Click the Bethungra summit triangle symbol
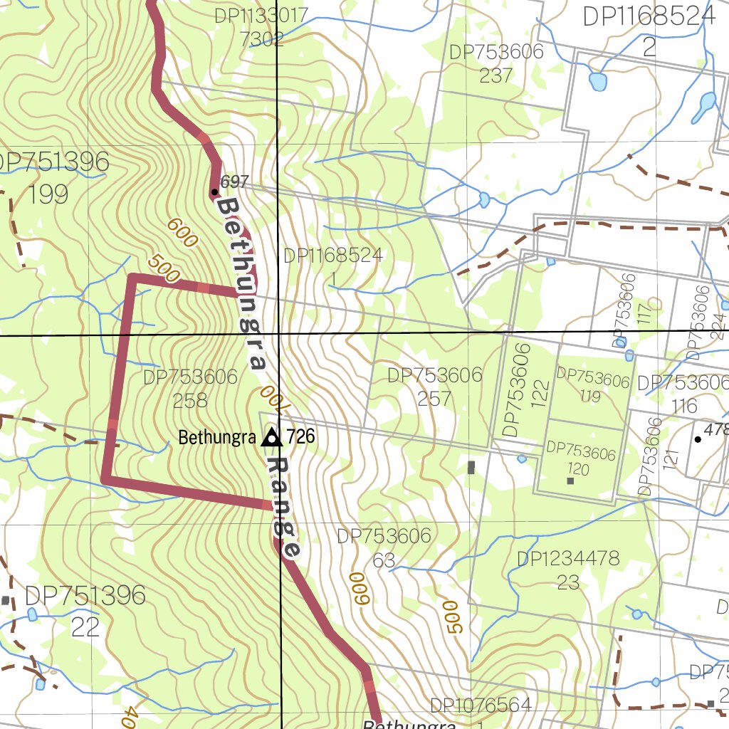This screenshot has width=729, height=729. click(271, 437)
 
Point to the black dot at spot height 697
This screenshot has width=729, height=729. click(214, 192)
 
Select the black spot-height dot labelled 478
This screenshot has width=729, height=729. click(698, 439)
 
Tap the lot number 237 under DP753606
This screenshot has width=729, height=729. click(496, 75)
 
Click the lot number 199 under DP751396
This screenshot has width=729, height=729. click(49, 194)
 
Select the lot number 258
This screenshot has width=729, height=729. click(190, 400)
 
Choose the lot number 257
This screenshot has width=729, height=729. click(434, 398)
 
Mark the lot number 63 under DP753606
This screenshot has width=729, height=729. click(384, 560)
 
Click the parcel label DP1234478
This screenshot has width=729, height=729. click(568, 559)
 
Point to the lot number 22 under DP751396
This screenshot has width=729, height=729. click(85, 626)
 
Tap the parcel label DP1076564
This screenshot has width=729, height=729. click(481, 706)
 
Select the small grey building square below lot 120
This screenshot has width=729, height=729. click(570, 481)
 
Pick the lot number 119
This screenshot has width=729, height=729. click(590, 396)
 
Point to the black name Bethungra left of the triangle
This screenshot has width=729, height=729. click(216, 437)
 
